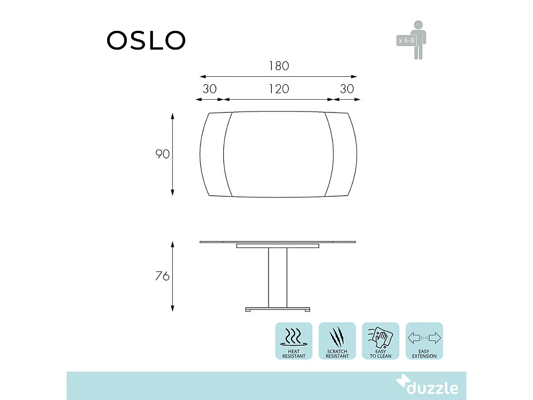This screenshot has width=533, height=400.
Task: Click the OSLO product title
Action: (146, 40)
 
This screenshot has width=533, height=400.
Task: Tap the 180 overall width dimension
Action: (278, 66)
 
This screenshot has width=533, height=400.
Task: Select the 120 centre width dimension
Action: (278, 89)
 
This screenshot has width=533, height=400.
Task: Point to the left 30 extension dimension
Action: (209, 89)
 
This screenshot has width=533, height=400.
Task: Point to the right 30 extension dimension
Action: (346, 89)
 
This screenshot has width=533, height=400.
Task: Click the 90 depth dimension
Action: (162, 154)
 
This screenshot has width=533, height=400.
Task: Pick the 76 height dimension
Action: (162, 276)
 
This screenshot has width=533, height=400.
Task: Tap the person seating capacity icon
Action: (419, 39)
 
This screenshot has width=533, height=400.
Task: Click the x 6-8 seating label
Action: (406, 40)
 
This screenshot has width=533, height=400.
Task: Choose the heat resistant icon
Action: (294, 341)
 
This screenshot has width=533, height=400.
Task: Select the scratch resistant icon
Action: (337, 341)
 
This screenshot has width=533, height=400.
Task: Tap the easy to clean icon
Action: (380, 341)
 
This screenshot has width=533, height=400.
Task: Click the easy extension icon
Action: (424, 341)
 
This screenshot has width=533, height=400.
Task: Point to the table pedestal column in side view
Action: (278, 277)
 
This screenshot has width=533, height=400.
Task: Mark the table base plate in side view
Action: (278, 309)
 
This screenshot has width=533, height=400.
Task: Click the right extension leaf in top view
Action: (343, 155)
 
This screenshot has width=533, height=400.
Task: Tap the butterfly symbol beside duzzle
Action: (403, 383)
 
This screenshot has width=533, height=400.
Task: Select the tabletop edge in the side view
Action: (219, 242)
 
